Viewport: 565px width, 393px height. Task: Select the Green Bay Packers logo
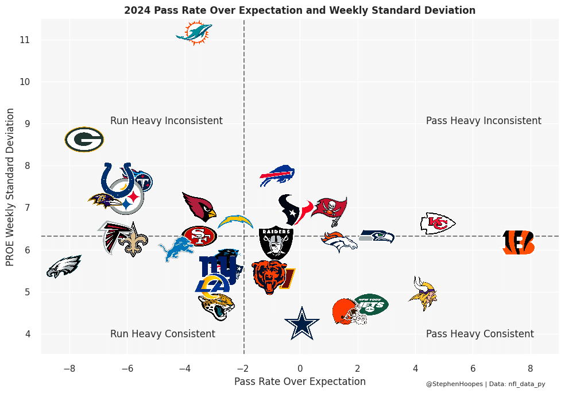point(84,140)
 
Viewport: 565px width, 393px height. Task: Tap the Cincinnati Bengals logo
point(518,242)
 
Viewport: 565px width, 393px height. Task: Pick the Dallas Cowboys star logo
point(301,323)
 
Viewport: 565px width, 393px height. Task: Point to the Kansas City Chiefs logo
point(438,223)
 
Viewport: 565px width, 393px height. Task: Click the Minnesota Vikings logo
point(423,293)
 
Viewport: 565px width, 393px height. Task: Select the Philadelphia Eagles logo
point(63,266)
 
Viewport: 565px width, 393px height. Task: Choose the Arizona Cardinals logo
point(199,206)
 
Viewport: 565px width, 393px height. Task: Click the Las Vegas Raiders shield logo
point(276,242)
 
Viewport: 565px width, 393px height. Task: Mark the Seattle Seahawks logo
point(377,236)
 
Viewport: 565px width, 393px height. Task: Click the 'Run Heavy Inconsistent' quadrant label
point(167,121)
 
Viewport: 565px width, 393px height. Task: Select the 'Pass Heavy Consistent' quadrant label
point(480,334)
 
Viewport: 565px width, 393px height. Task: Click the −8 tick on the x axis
point(69,368)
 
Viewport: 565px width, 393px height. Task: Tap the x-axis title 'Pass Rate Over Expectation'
point(300,382)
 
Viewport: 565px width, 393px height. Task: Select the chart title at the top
point(300,10)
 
